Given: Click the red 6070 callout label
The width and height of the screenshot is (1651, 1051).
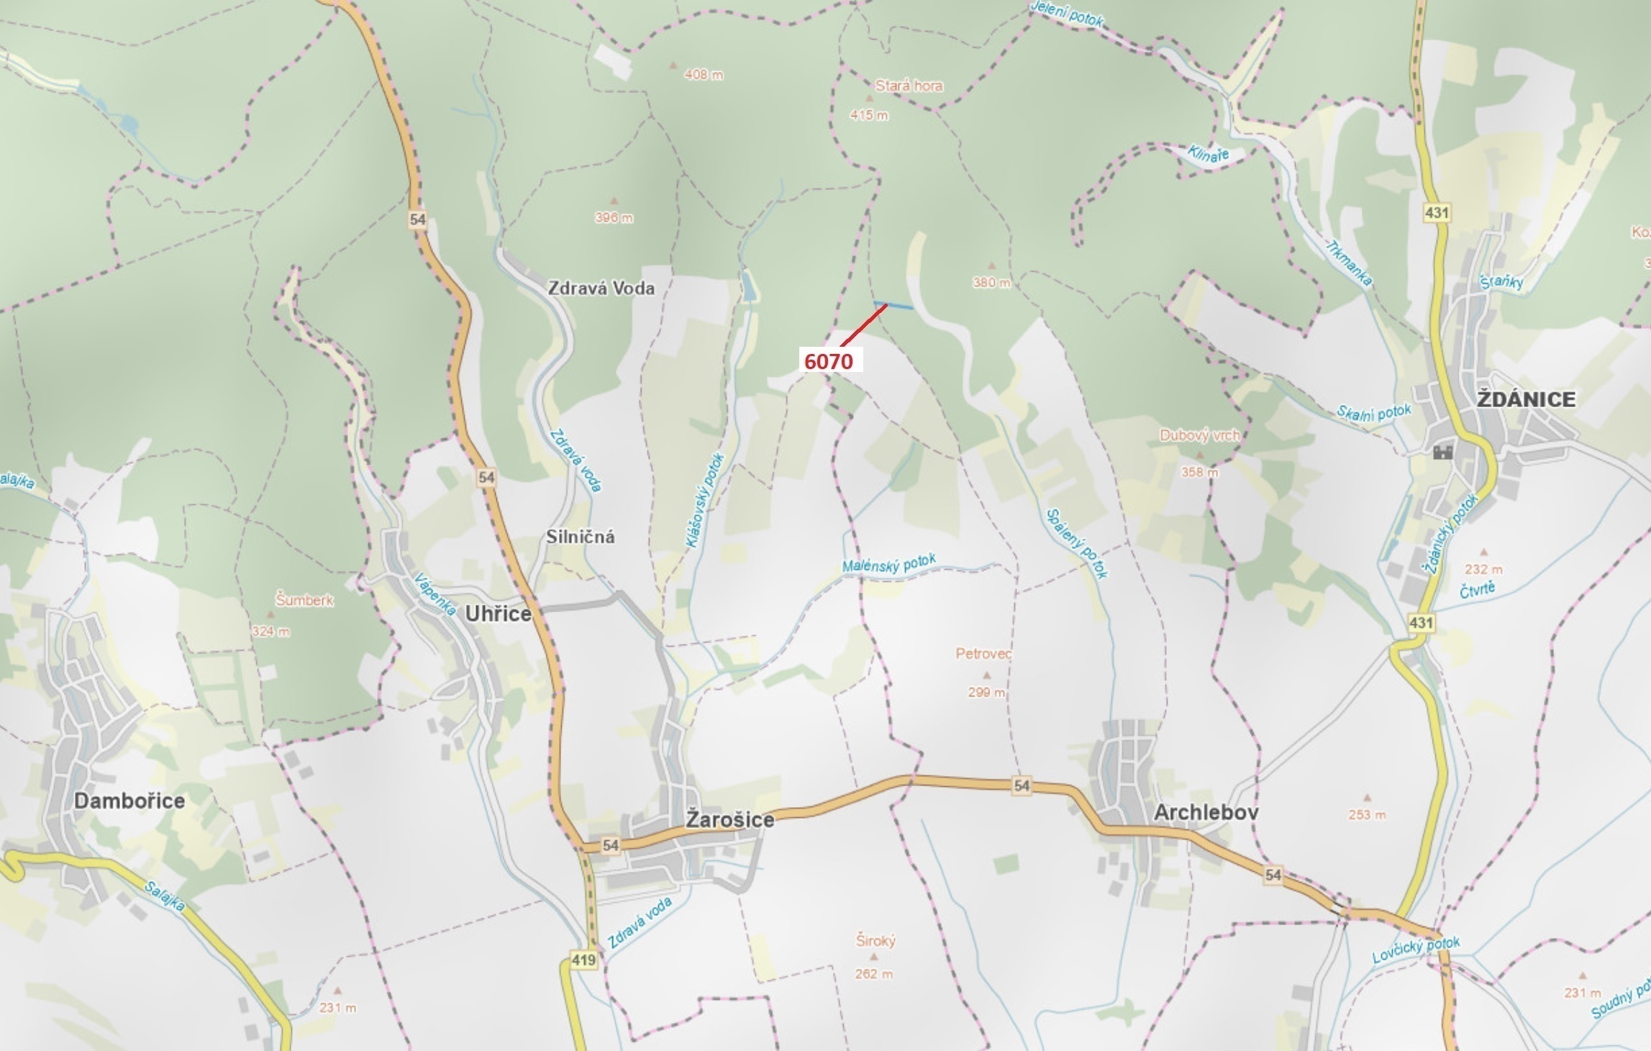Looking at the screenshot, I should tap(828, 361).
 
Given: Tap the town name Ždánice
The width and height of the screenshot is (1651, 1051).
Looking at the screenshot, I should tap(1526, 399).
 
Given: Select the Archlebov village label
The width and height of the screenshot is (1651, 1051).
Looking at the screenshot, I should tap(1206, 812).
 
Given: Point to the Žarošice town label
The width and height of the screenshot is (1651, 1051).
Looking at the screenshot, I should tap(729, 819).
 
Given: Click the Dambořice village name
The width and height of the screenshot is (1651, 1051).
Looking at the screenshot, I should tap(129, 801).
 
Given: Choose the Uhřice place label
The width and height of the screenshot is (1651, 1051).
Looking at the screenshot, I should tap(498, 614).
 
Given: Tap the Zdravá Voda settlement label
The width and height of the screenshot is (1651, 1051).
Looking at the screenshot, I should tap(601, 288).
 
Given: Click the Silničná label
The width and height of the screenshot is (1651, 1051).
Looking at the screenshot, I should tap(580, 537).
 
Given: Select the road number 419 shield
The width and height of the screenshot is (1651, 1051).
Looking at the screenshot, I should tap(583, 960).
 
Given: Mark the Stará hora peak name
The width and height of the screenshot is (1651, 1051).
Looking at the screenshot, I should tap(909, 86).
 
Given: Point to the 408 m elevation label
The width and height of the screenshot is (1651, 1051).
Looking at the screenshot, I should tap(704, 74).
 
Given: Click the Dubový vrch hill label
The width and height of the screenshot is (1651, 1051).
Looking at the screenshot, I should tap(1199, 435).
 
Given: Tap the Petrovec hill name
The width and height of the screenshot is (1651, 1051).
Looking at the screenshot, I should tap(983, 654).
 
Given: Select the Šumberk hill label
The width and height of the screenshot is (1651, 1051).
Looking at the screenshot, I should tap(304, 599).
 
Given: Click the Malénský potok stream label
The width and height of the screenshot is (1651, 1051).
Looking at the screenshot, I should tap(889, 564).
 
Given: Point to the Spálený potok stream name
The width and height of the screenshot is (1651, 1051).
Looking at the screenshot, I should tap(1077, 544).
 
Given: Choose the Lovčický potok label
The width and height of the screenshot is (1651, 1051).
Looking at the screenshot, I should tap(1416, 950).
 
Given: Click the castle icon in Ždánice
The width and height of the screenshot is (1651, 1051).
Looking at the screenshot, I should tap(1443, 452).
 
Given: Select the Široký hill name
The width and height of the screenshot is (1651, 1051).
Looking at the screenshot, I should tap(875, 940).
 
